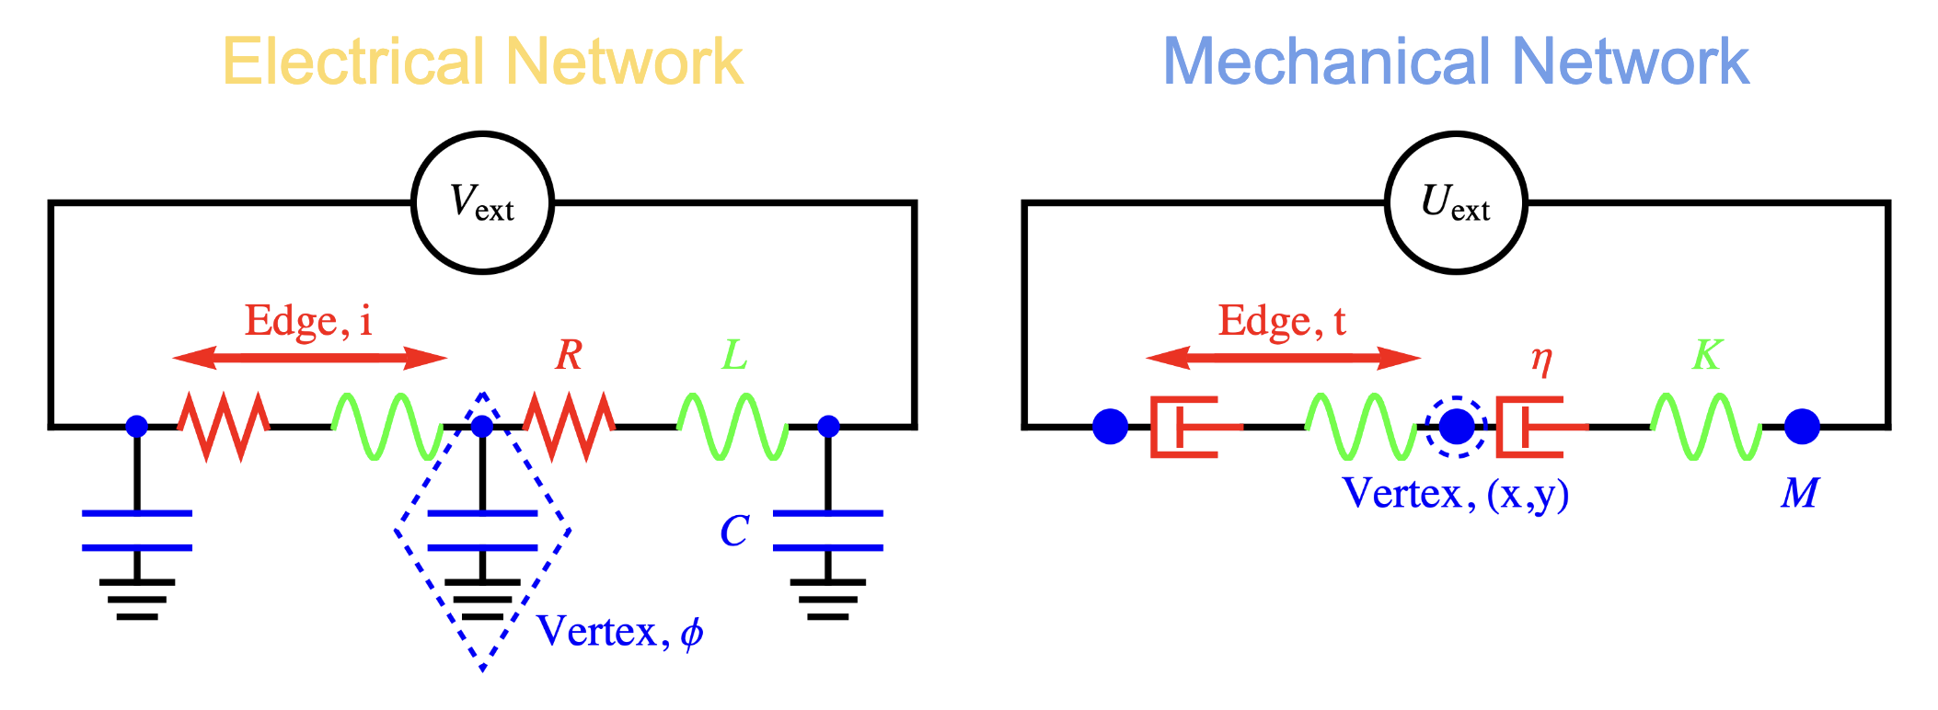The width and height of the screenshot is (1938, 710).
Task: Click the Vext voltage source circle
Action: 482,202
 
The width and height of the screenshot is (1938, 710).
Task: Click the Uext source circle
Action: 1455,202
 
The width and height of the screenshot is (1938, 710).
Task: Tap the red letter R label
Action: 569,355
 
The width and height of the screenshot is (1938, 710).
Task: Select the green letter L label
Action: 733,355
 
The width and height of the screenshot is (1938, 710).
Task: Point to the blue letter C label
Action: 733,531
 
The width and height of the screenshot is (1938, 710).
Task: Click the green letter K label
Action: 1707,355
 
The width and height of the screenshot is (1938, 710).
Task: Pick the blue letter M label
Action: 1799,494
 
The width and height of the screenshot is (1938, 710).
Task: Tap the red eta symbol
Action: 1540,359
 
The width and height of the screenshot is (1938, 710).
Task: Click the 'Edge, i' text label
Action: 308,321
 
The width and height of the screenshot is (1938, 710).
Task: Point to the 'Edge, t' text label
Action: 1282,321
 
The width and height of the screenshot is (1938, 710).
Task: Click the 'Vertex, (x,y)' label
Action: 1455,494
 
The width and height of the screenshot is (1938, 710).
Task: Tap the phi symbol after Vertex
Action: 692,633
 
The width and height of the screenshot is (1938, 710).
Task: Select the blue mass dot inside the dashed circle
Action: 1456,427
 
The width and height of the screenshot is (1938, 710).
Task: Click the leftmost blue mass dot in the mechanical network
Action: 1110,427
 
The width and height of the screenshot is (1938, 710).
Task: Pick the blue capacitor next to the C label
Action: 827,531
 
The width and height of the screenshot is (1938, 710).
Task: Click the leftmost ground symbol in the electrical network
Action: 137,599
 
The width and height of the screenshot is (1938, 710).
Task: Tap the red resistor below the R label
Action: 569,427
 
